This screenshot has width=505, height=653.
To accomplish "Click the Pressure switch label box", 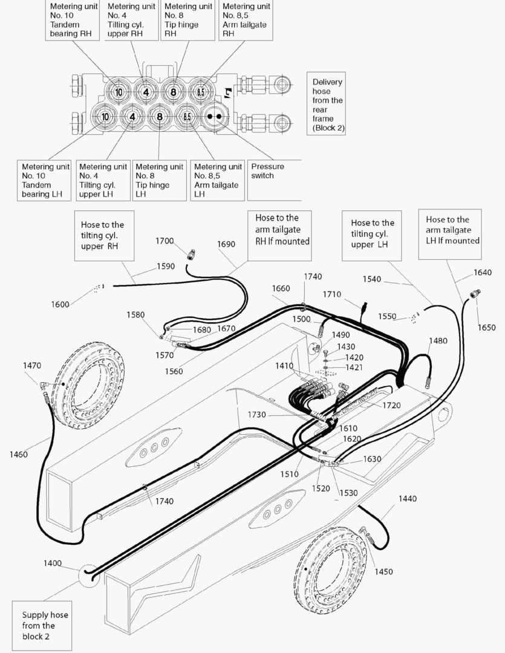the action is (274, 180).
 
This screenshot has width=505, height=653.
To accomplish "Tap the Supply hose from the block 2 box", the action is (41, 626).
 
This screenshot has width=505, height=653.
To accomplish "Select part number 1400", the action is (53, 563).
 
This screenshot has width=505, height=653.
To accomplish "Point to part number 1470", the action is (32, 365).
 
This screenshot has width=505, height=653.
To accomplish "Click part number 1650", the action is (487, 327).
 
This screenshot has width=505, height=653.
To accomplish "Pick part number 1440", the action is (408, 498).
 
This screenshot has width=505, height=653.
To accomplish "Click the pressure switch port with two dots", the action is (215, 117).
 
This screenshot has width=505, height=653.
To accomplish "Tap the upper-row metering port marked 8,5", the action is (201, 92).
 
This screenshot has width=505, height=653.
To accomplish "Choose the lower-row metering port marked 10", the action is (105, 117).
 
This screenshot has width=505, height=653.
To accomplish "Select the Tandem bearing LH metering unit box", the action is (44, 180).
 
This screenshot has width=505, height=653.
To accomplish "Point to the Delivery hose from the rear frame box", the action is (326, 103).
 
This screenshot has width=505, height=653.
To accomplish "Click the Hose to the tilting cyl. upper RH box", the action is (104, 235).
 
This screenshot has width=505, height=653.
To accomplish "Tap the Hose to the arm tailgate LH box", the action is (450, 235).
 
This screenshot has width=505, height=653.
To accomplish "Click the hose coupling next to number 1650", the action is (475, 294).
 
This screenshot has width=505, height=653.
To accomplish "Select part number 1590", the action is (166, 266).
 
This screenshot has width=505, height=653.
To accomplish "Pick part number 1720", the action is (392, 405).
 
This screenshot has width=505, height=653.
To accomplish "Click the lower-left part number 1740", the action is (164, 501).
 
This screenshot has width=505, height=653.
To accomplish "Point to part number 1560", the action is (174, 371).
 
